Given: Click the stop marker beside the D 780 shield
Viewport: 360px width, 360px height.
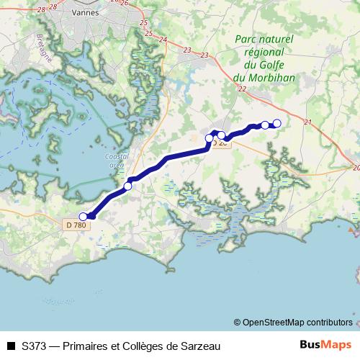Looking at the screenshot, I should (x=83, y=216).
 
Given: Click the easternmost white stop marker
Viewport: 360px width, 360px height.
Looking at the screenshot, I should (x=276, y=122).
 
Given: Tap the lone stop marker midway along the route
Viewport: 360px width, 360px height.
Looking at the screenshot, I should (x=128, y=186).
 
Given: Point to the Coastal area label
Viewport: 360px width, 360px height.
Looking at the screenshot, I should (x=115, y=160).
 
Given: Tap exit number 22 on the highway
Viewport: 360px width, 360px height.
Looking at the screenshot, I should (x=241, y=89).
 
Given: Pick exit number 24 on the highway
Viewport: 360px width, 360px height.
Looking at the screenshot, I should (x=163, y=39).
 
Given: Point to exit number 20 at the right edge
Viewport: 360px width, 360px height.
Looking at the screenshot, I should (x=356, y=167).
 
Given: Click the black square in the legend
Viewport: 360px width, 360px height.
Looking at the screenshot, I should (x=10, y=346).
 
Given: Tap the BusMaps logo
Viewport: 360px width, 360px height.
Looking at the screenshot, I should (x=326, y=345).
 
